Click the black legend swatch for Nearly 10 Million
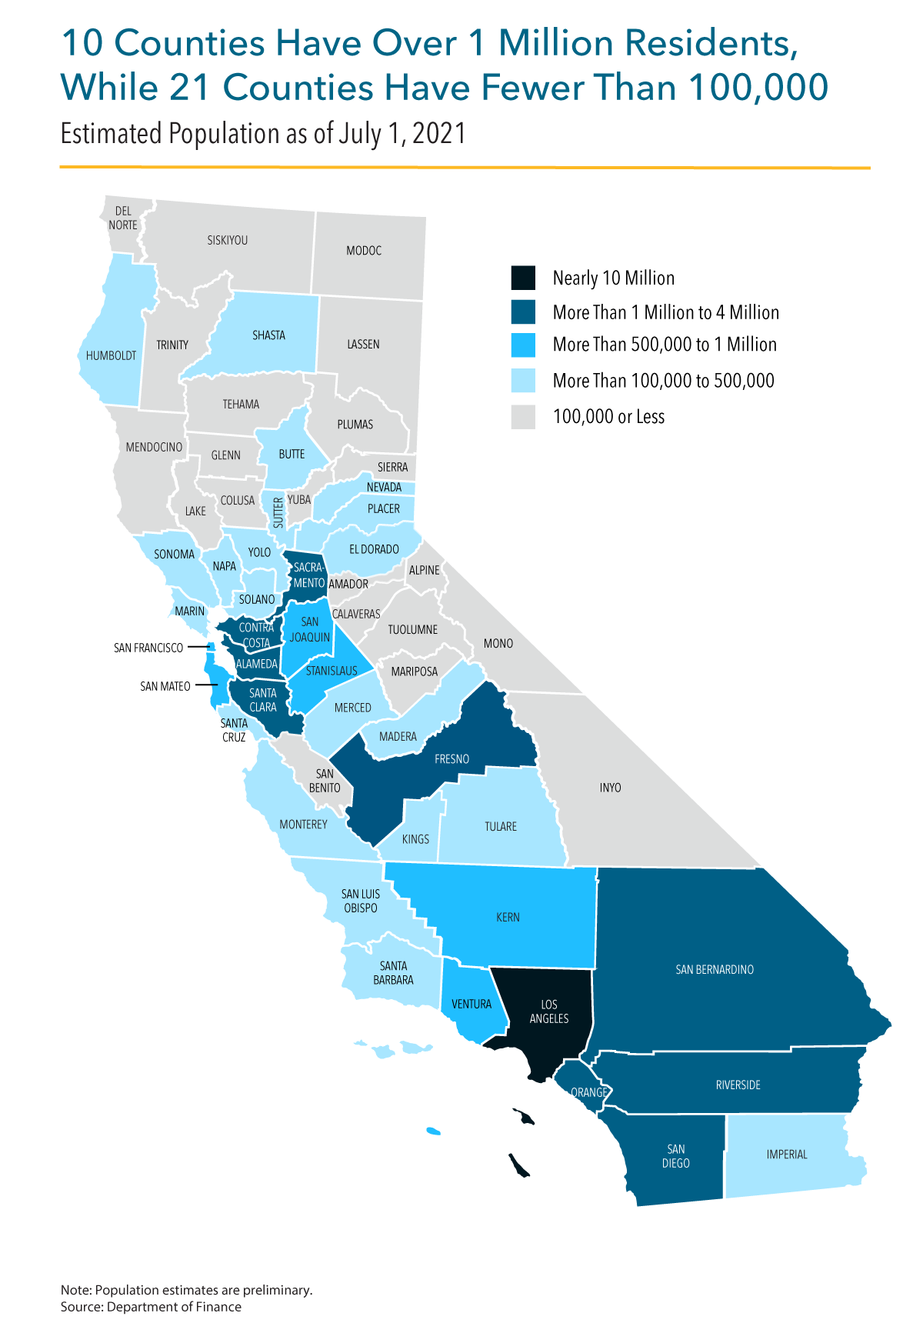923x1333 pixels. tap(523, 278)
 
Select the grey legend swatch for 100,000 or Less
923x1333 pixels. tap(523, 417)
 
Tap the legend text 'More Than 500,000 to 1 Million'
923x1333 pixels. tap(665, 345)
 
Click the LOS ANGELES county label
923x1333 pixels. tap(549, 1011)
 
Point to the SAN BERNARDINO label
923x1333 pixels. tap(715, 969)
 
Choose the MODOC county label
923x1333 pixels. tap(364, 251)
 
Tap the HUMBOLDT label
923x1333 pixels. tap(112, 355)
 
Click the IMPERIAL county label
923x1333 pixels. tap(787, 1154)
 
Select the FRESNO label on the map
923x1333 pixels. tap(452, 759)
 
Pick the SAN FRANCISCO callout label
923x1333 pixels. tap(148, 648)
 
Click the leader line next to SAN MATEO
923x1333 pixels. tap(205, 685)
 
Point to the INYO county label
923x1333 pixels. tap(610, 788)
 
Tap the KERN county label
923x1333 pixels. tap(508, 917)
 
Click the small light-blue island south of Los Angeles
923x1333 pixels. tap(434, 1131)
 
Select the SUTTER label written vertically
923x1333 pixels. tap(278, 513)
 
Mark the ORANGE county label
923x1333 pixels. tap(589, 1092)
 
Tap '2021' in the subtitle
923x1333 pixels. tap(439, 134)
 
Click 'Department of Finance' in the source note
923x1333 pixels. tap(174, 1307)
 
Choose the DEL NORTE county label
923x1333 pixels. tap(123, 218)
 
